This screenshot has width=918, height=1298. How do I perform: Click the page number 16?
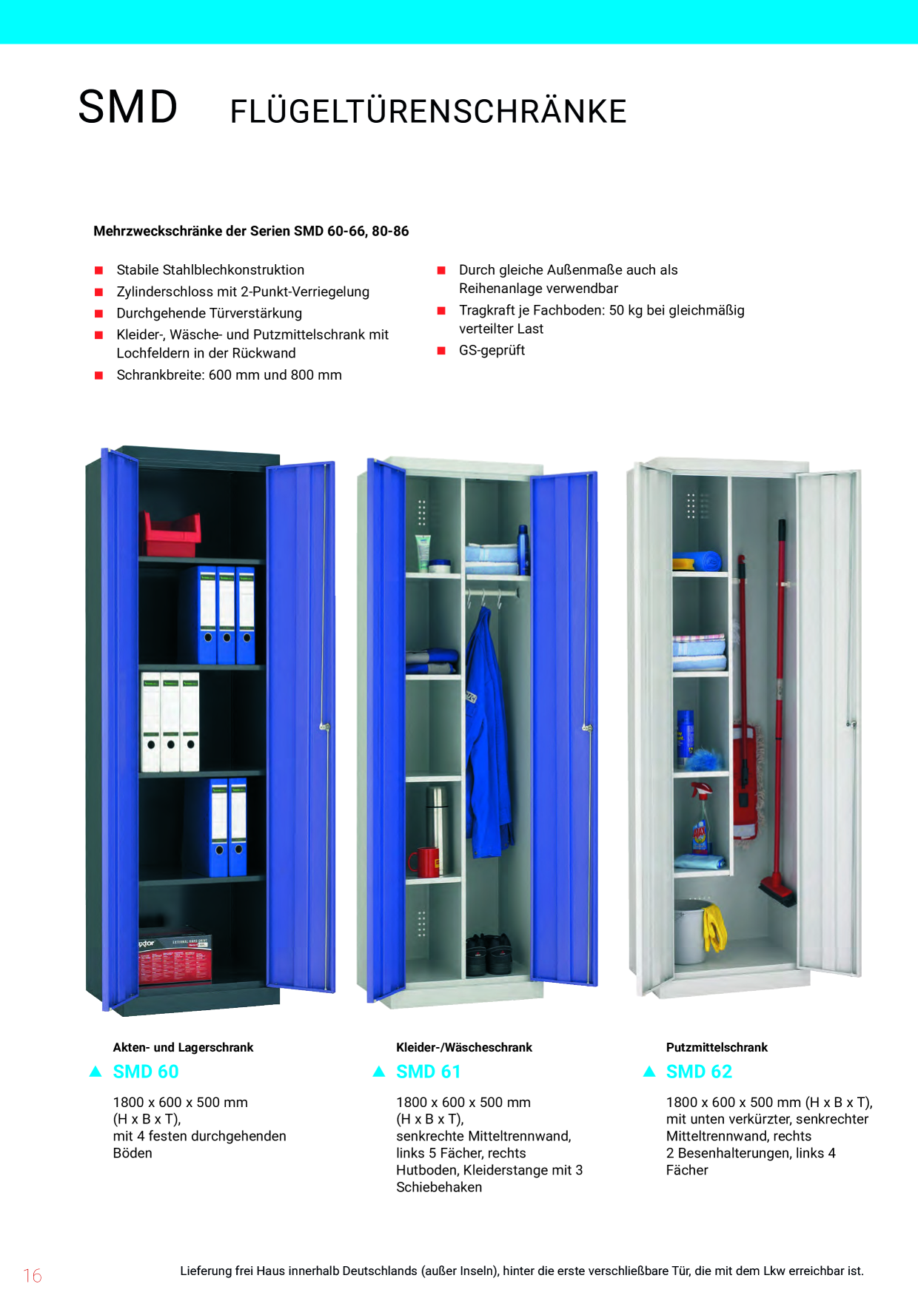33,1275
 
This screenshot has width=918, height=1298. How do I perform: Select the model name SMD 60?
146,1072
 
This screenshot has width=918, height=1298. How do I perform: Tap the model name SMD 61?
429,1072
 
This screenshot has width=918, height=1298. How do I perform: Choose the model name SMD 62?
699,1072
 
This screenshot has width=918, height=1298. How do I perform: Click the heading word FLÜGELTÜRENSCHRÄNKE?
429,111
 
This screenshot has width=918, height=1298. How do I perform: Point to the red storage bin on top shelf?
172,533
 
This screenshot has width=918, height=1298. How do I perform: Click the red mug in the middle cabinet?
424,862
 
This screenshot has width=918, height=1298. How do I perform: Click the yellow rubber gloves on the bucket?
714,927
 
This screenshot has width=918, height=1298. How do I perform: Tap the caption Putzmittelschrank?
717,1047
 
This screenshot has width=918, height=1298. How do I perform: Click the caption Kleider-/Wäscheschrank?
464,1047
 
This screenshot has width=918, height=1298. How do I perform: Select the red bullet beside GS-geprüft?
441,351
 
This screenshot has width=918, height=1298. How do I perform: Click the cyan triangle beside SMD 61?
379,1072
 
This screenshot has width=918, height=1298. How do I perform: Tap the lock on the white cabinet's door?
851,724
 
